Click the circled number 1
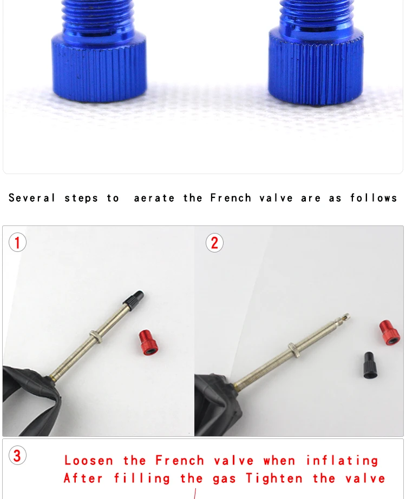(17, 243)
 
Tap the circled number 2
(214, 243)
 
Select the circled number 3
(17, 455)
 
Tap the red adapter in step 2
(390, 332)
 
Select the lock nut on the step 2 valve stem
(294, 349)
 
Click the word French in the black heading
(231, 198)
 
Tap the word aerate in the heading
(154, 198)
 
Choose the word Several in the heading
(32, 198)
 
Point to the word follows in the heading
(374, 198)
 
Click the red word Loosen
(89, 461)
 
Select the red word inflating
(342, 461)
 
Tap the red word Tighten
(274, 478)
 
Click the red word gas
(224, 480)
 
